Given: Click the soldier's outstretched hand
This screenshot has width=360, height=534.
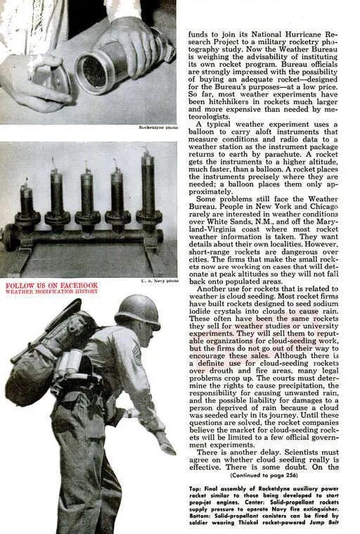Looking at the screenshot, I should (167, 443).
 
